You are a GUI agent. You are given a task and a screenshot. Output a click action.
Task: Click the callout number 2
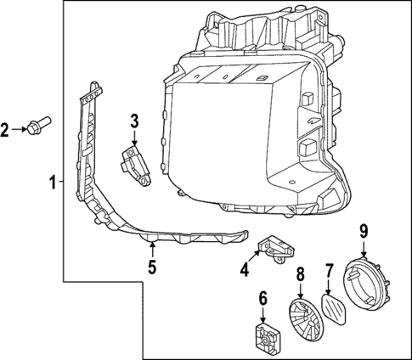click(7, 129)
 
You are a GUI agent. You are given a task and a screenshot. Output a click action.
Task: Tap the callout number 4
click(244, 271)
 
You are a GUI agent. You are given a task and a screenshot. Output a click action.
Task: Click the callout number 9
click(363, 229)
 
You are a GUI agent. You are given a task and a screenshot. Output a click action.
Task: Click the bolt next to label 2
click(37, 128)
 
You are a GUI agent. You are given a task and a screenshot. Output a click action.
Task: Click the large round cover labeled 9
click(365, 284)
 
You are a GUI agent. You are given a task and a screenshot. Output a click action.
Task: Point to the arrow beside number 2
click(20, 129)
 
